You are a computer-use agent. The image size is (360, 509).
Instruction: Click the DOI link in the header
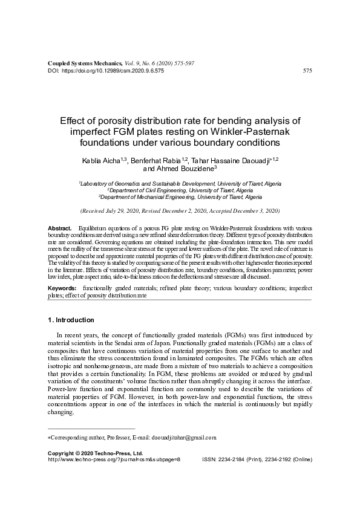click(x=112, y=71)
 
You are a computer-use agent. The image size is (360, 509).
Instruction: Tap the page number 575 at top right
click(x=307, y=71)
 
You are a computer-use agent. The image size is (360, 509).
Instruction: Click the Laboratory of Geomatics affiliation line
click(x=180, y=183)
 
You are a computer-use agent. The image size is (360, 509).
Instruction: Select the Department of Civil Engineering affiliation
click(x=180, y=190)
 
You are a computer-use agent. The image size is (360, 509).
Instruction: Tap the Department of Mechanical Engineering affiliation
click(x=180, y=197)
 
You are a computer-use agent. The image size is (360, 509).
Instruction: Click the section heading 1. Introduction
click(x=71, y=319)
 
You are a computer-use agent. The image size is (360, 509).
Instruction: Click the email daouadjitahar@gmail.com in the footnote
click(x=182, y=437)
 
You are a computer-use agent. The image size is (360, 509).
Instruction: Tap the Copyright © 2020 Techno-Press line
click(x=95, y=453)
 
